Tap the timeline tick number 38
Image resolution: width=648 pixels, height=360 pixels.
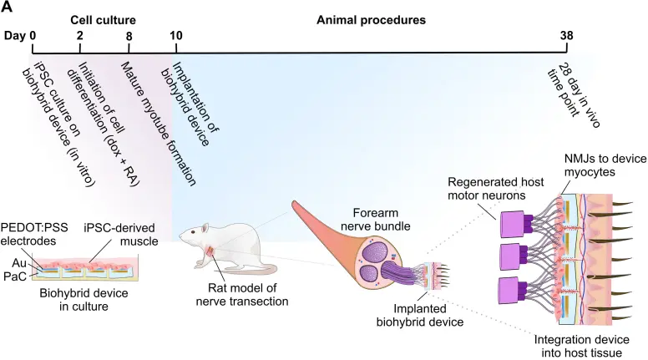pos(571,37)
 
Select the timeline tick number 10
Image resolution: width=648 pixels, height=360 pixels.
pos(176,37)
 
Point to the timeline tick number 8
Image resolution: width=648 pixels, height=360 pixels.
pos(129,37)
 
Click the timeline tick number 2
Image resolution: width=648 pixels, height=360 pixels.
pos(80,37)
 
